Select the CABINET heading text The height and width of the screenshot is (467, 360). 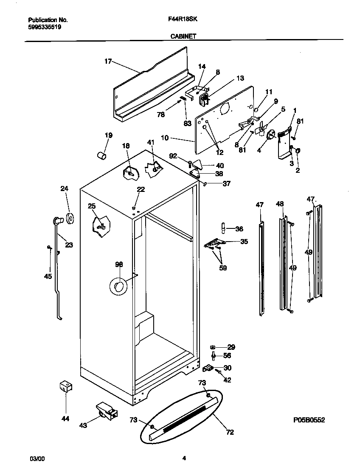pyautogui.click(x=183, y=37)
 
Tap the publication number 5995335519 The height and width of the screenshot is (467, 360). pyautogui.click(x=45, y=27)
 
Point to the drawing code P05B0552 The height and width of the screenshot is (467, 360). pyautogui.click(x=309, y=420)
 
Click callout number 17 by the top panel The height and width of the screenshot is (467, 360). pyautogui.click(x=108, y=62)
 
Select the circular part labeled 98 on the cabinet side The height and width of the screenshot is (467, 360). pyautogui.click(x=118, y=287)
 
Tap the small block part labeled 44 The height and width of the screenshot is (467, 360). pyautogui.click(x=65, y=387)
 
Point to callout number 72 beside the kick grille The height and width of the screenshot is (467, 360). pyautogui.click(x=230, y=433)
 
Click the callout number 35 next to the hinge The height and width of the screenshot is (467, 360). pyautogui.click(x=244, y=242)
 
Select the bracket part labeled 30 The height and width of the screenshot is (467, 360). pyautogui.click(x=208, y=367)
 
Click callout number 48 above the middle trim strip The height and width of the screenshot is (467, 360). pyautogui.click(x=279, y=204)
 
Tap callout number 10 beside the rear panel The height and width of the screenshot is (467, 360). pyautogui.click(x=165, y=138)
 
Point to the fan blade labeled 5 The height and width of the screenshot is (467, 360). pyautogui.click(x=262, y=128)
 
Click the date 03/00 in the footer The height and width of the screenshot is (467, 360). pyautogui.click(x=37, y=459)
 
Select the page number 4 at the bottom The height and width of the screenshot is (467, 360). pyautogui.click(x=184, y=458)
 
